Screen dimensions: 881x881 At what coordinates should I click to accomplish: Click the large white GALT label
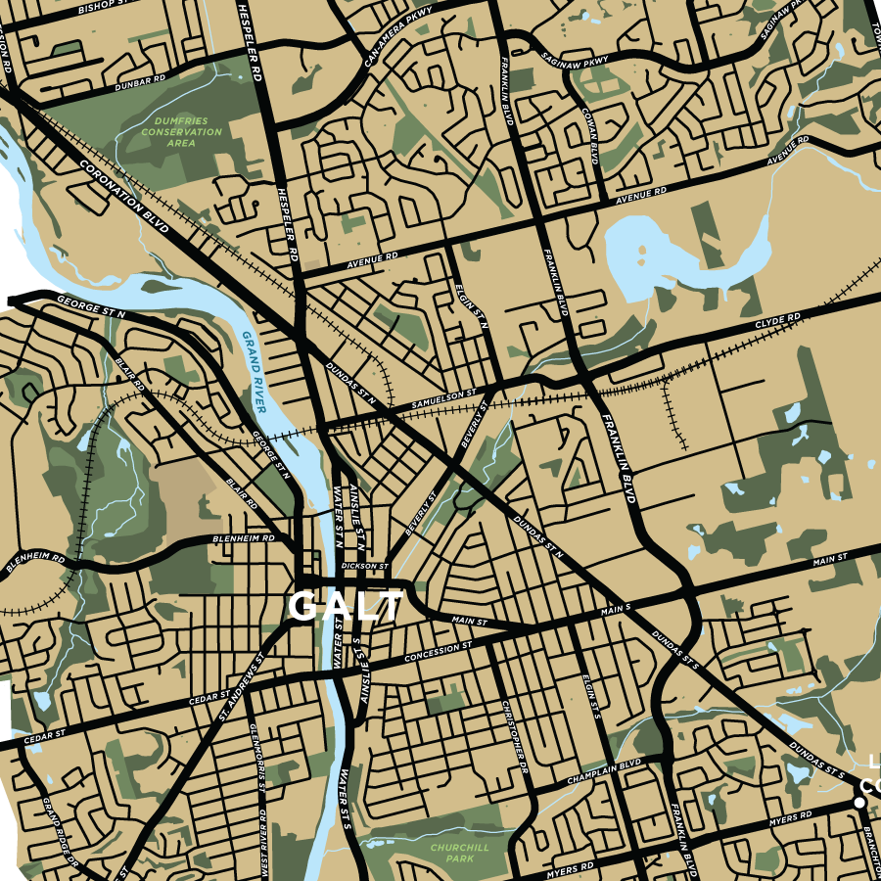point(346,606)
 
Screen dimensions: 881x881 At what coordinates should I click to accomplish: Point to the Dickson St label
point(365,567)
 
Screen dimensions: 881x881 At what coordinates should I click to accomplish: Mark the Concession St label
point(438,651)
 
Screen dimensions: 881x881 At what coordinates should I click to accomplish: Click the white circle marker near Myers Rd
point(858,803)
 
